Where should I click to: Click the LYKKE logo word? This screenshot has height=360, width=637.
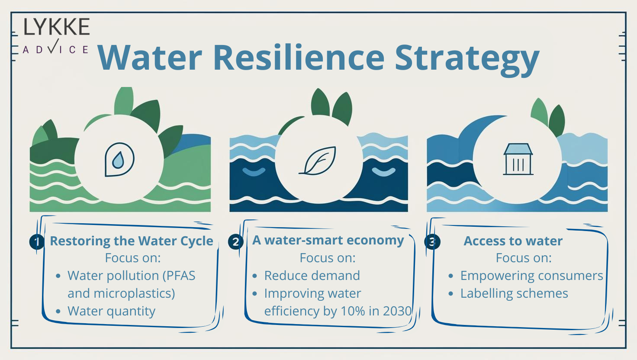point(56,27)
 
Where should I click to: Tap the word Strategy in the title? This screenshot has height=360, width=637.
point(467,58)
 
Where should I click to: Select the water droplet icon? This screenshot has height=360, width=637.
point(119,159)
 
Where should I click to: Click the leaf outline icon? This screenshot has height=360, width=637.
point(318,161)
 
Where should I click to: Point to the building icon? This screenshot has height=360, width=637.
point(518,159)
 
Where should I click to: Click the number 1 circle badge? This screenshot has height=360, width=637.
point(37,241)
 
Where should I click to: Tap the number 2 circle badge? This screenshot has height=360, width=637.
point(235,241)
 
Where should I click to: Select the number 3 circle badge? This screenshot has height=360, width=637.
point(432,241)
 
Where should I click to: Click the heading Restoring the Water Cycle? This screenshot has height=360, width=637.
point(132,241)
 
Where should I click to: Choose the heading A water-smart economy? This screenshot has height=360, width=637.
point(328,240)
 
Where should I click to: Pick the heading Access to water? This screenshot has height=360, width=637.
point(513,241)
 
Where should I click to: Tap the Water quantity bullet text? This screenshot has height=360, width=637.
point(111,311)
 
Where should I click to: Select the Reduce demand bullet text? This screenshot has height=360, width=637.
point(312,276)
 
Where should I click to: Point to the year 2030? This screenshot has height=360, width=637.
point(397,311)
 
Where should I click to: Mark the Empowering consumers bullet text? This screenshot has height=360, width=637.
point(531,276)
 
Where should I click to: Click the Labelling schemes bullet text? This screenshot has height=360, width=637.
point(514,293)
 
